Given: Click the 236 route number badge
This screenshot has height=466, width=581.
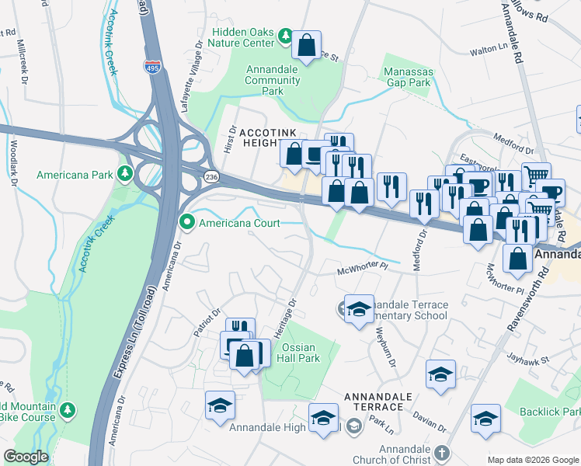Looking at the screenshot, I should tap(211, 178).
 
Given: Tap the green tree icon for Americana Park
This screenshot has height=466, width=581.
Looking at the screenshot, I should tap(125, 172).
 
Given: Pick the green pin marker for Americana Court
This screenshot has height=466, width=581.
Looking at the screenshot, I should tap(186, 223).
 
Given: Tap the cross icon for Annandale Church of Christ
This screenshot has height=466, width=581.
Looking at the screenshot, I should tap(440, 452).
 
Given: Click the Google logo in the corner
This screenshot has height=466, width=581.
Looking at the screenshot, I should tap(26, 457).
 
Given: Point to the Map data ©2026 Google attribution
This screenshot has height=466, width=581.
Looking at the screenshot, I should tap(533, 460).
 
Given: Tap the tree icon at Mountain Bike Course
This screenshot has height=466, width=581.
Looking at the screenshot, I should tap(68, 409).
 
